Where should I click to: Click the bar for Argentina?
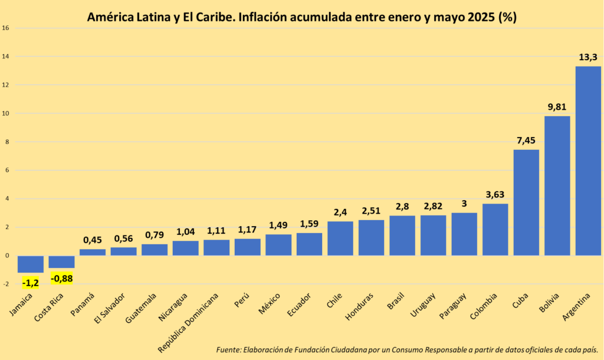point(587,161)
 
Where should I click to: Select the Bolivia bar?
point(557,185)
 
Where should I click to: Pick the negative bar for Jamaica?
point(30,264)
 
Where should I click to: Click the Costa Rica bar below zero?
point(61,262)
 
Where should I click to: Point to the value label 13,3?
point(587,57)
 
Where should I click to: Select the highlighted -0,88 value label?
point(61,278)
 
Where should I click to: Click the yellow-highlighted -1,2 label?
point(31,283)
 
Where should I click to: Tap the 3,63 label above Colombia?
point(495,195)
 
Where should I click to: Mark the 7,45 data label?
point(526,140)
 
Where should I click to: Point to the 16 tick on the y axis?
point(5,28)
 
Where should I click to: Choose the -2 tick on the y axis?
point(6,284)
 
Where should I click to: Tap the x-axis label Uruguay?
point(424,304)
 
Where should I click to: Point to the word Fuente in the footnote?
point(228,349)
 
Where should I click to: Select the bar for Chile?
point(340,238)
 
